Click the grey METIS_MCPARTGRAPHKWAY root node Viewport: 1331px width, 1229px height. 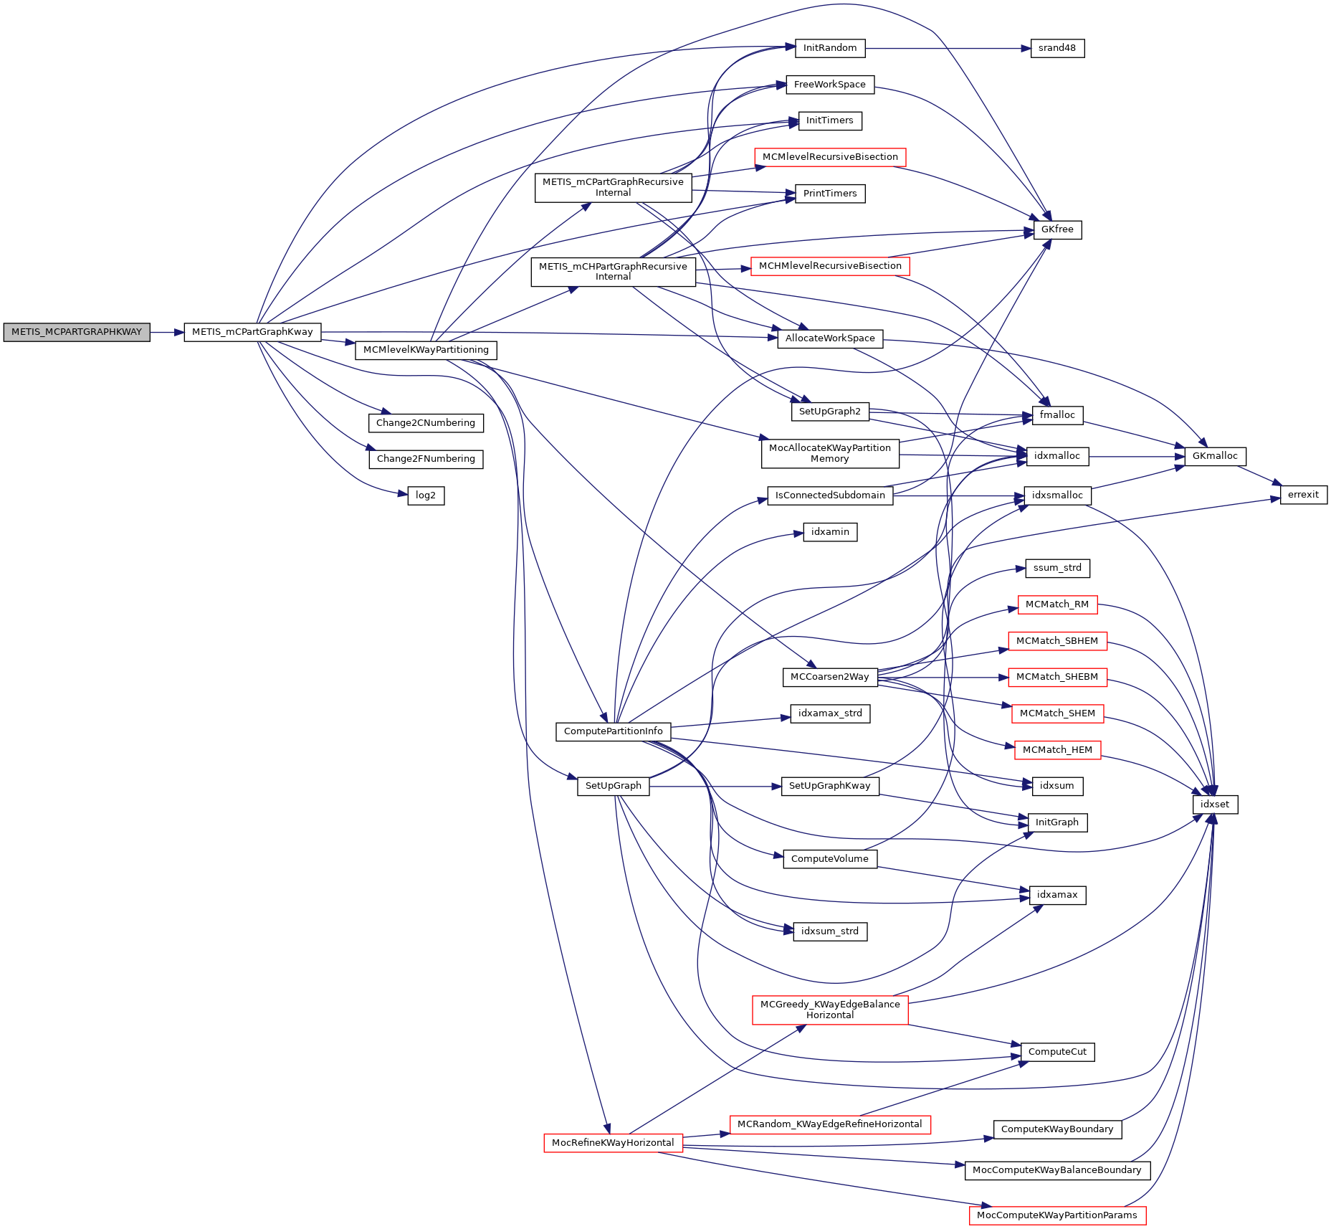[77, 332]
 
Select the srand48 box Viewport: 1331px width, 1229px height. [1056, 48]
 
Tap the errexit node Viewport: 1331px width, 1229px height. [1303, 495]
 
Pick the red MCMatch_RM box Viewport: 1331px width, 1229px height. [1056, 604]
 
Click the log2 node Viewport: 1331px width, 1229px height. [426, 495]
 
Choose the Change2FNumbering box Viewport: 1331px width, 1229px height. [426, 459]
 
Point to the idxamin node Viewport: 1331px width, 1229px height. [830, 532]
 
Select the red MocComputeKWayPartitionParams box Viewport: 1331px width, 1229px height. [1056, 1215]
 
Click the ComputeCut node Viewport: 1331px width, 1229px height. [1056, 1052]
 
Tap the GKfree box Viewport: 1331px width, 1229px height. [1056, 229]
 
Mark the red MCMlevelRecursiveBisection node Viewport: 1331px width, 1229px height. [830, 157]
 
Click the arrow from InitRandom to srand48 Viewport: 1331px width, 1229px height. [946, 48]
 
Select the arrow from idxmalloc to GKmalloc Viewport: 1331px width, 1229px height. [1136, 456]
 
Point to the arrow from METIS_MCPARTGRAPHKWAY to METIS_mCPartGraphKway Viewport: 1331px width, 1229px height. [167, 332]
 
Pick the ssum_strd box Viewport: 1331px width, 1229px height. [1056, 568]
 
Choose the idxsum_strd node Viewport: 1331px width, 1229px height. [830, 931]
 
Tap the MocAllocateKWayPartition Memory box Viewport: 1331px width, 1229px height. [830, 453]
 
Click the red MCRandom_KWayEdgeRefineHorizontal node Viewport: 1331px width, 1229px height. [830, 1124]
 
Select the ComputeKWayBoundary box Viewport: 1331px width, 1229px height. [1056, 1129]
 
